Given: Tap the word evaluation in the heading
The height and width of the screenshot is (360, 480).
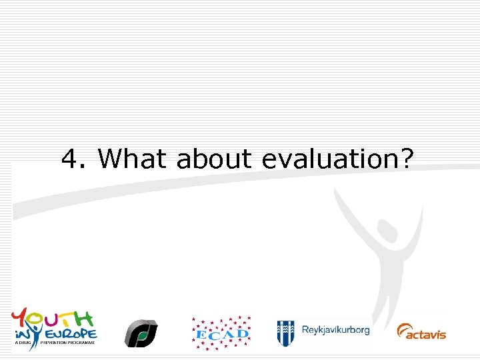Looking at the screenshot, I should click(329, 159).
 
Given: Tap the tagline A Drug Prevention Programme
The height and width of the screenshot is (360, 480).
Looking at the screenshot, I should click(53, 342).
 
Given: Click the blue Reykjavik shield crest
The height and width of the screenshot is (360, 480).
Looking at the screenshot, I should click(286, 331).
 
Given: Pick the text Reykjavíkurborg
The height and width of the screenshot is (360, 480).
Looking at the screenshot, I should click(335, 330).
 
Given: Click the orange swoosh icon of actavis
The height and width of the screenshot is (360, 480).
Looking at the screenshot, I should click(405, 331).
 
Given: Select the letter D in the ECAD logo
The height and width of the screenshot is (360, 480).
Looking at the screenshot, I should click(243, 331).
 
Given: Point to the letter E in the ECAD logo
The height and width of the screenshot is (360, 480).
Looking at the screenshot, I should click(201, 333).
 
